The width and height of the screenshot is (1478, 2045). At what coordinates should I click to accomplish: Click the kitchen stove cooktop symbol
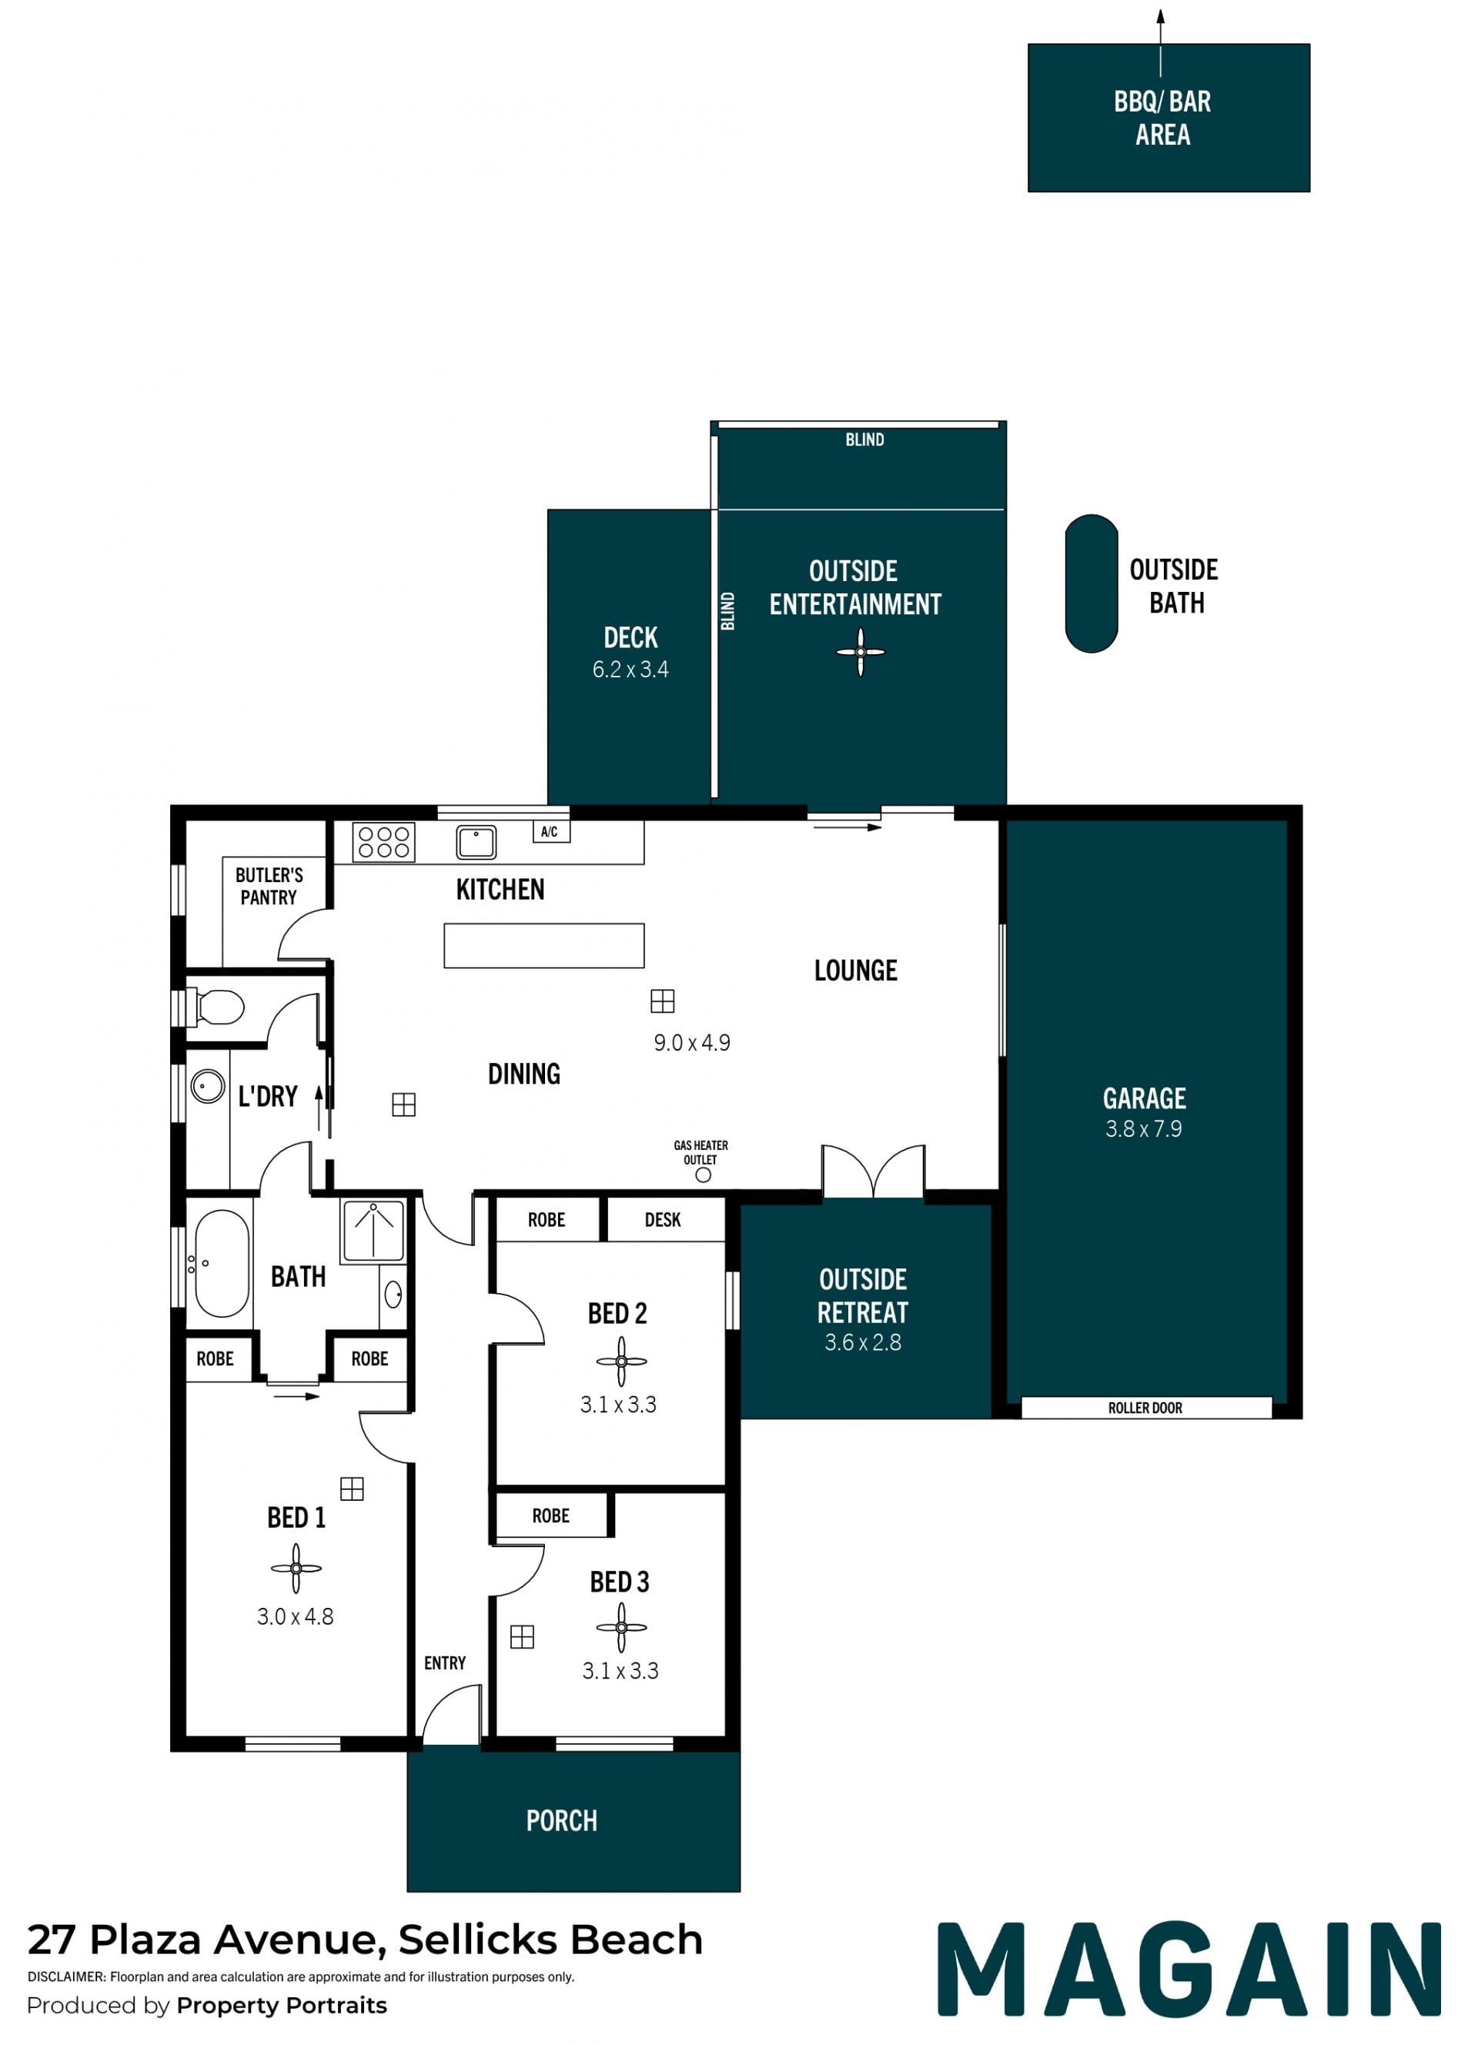pyautogui.click(x=383, y=842)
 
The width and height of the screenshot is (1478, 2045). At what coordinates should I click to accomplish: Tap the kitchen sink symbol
pyautogui.click(x=477, y=842)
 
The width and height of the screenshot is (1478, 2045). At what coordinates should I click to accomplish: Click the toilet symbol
pyautogui.click(x=215, y=1007)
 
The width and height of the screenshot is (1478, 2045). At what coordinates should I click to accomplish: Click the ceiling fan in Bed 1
pyautogui.click(x=296, y=1568)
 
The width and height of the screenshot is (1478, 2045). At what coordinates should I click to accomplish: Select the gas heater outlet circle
pyautogui.click(x=704, y=1175)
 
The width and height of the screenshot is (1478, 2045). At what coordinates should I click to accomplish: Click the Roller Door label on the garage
pyautogui.click(x=1145, y=1408)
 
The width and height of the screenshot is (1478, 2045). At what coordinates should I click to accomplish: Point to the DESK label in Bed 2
pyautogui.click(x=663, y=1220)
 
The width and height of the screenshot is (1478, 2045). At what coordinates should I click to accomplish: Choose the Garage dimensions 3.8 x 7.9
pyautogui.click(x=1143, y=1129)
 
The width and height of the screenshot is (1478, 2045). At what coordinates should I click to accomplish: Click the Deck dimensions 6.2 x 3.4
pyautogui.click(x=630, y=669)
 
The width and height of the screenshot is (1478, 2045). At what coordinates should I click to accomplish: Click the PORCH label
pyautogui.click(x=562, y=1820)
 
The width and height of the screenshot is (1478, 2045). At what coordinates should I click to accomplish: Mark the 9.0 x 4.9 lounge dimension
pyautogui.click(x=691, y=1042)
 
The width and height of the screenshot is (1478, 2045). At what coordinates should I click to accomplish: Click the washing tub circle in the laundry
pyautogui.click(x=207, y=1087)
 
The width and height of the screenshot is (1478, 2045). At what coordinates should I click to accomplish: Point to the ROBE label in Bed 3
pyautogui.click(x=551, y=1515)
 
